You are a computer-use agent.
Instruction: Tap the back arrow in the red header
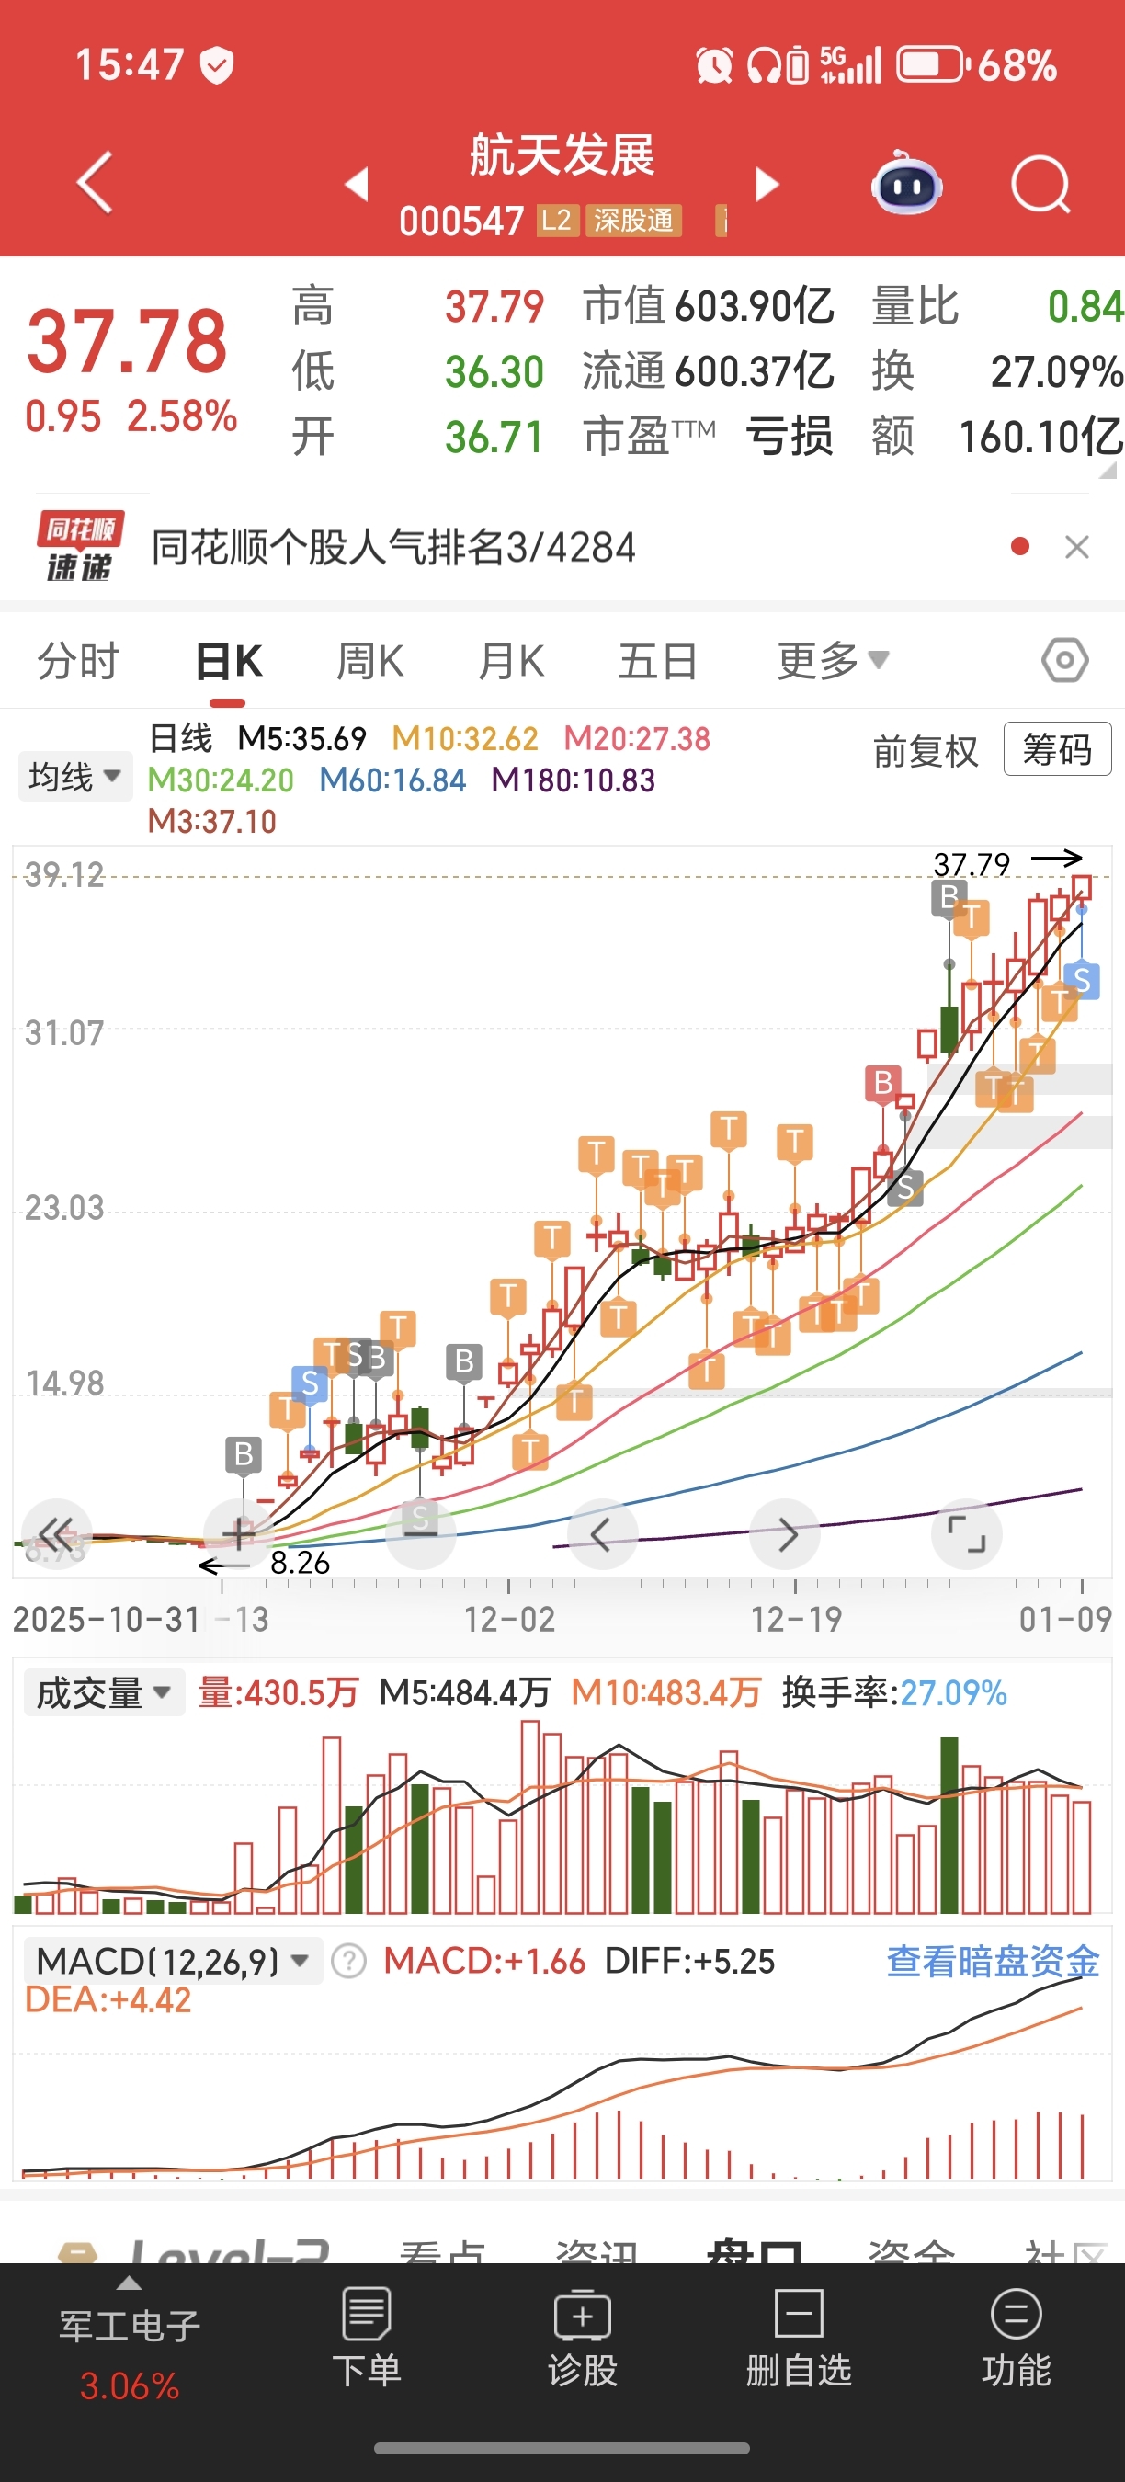(x=96, y=181)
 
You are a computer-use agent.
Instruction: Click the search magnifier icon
(x=1040, y=183)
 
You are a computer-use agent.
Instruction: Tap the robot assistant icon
(x=906, y=183)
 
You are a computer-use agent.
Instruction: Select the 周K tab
(x=369, y=662)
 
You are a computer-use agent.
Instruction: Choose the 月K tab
(x=511, y=662)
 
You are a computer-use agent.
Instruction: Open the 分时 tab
(x=78, y=662)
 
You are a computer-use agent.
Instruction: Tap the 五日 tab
(x=658, y=662)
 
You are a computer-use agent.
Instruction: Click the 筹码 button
(x=1057, y=748)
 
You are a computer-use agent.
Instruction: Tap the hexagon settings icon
(x=1064, y=661)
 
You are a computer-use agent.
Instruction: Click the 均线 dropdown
(x=75, y=776)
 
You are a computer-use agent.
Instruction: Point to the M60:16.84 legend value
(x=393, y=780)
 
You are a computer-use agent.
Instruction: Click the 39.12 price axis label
(x=63, y=875)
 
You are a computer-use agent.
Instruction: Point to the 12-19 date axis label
(x=796, y=1620)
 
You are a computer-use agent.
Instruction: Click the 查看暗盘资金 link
(x=992, y=1961)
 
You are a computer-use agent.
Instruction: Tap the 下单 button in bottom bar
(x=366, y=2338)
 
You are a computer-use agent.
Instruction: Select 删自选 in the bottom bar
(x=799, y=2338)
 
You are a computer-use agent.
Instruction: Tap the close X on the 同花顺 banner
(x=1077, y=547)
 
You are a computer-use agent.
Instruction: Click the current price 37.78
(x=127, y=341)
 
